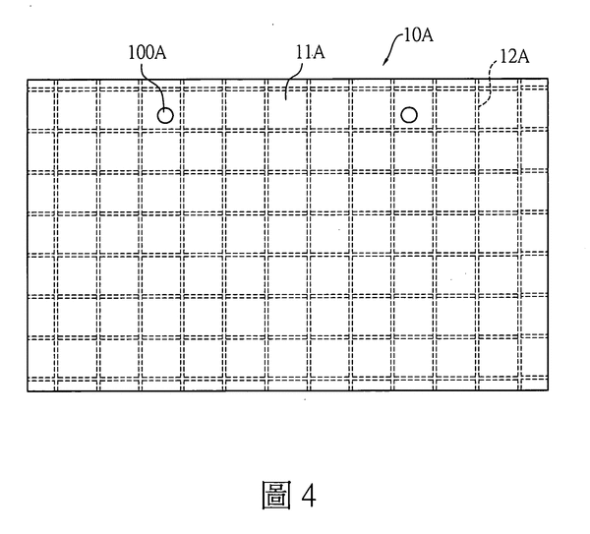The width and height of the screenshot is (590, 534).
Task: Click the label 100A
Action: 147,53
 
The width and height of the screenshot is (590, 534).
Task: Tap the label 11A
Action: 310,52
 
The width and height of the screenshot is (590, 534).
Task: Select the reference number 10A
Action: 419,35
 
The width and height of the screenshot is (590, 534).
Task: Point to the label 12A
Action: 514,56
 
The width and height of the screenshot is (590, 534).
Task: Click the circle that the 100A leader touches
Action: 165,115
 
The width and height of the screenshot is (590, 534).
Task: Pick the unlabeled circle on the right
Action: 409,115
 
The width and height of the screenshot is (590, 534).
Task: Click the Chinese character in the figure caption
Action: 276,496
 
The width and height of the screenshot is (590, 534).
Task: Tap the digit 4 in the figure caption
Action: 309,496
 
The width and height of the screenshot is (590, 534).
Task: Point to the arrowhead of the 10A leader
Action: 385,62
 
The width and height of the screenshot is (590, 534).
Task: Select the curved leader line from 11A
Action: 293,81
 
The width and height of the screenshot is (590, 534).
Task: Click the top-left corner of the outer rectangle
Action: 28,80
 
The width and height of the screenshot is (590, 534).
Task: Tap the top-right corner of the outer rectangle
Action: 548,79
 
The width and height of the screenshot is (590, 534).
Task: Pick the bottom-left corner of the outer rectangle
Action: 28,391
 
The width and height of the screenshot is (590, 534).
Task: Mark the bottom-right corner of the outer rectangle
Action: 548,390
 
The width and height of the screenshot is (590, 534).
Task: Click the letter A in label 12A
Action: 523,57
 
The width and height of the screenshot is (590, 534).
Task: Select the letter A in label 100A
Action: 160,53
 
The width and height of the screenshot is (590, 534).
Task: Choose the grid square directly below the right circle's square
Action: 415,151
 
